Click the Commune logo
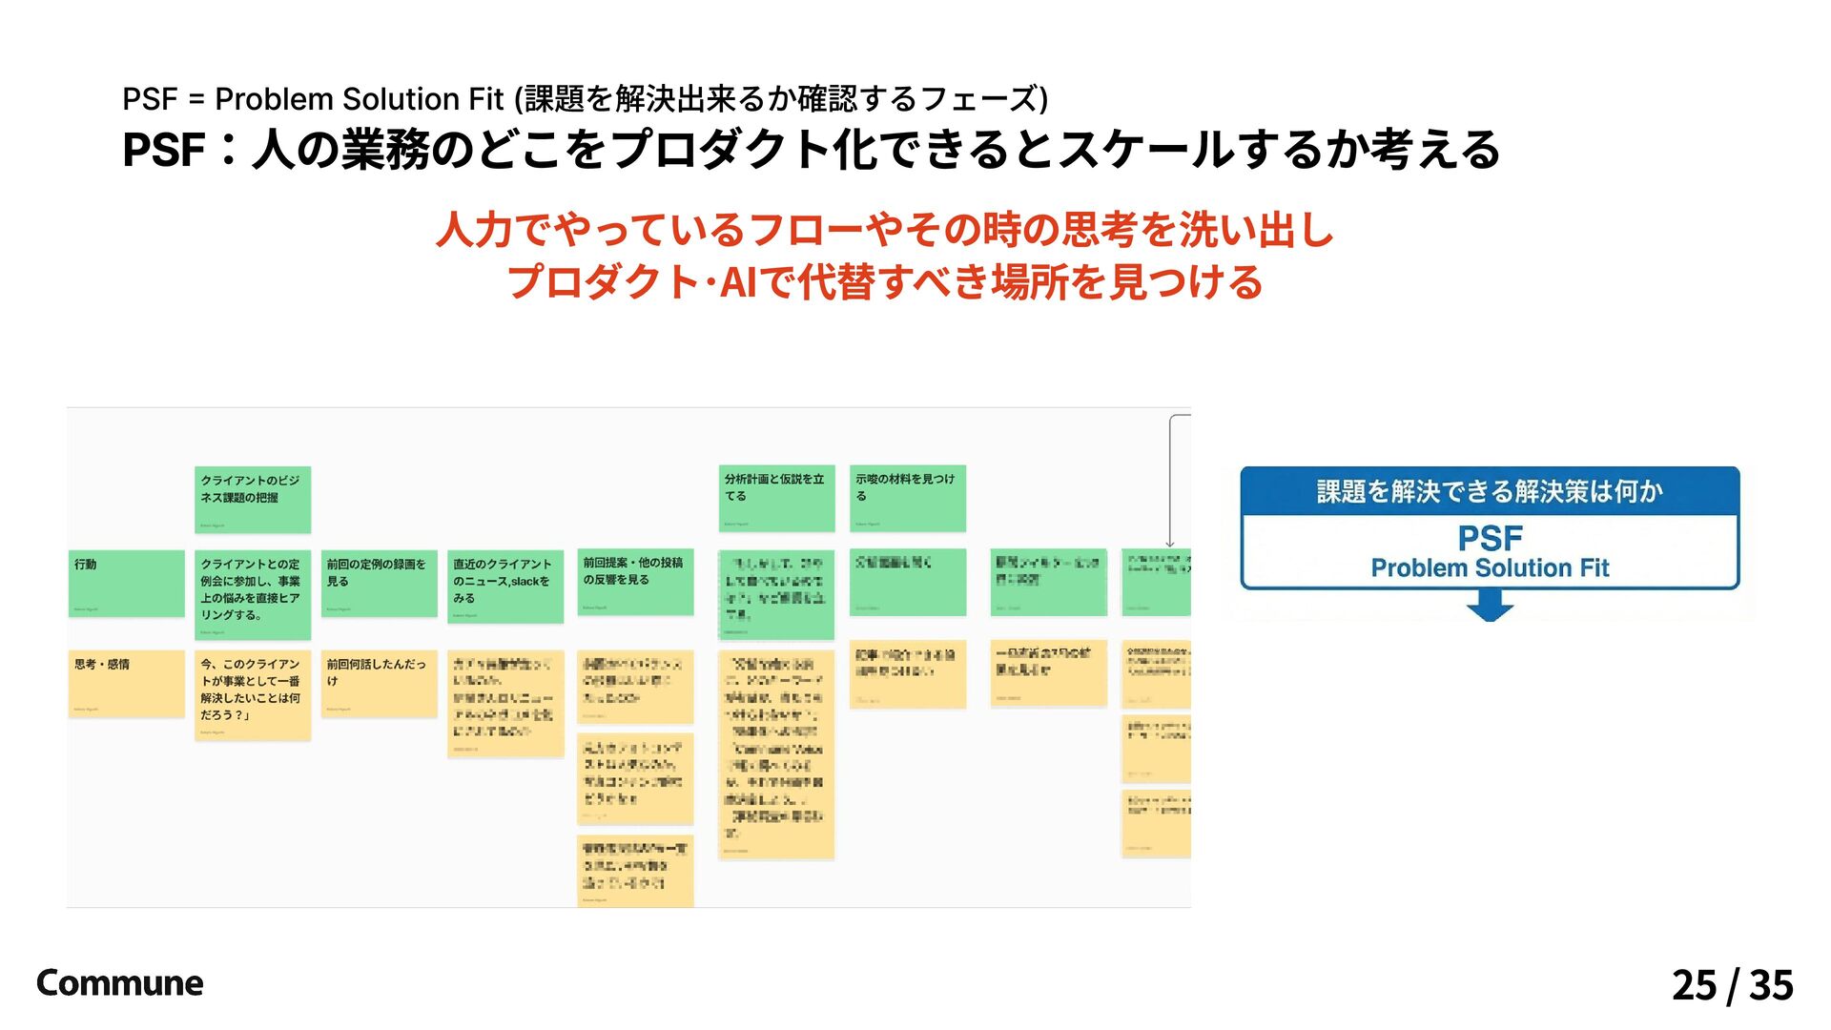(x=119, y=983)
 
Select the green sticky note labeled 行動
(x=126, y=583)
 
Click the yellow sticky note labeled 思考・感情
(x=126, y=683)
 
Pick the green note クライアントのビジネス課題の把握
(x=253, y=499)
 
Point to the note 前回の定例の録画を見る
(x=379, y=583)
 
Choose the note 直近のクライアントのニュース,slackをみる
(x=504, y=586)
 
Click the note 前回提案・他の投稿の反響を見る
(x=635, y=581)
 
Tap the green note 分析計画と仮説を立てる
(x=776, y=498)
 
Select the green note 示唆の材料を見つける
(x=907, y=498)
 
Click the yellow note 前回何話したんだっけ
(x=379, y=683)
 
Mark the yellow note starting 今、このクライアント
(x=253, y=695)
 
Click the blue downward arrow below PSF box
(x=1490, y=606)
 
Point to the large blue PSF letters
(x=1490, y=539)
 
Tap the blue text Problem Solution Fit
(x=1490, y=568)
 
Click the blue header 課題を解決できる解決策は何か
(x=1490, y=491)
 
